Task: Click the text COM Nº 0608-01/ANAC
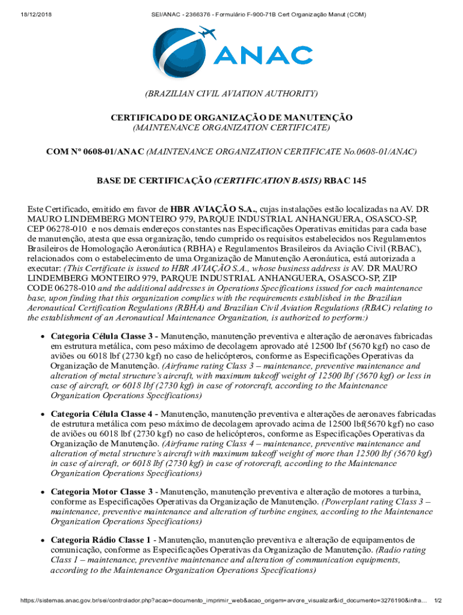[95, 152]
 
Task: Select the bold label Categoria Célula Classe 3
[104, 336]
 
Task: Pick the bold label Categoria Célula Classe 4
[104, 414]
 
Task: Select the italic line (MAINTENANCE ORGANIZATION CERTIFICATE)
[231, 127]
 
